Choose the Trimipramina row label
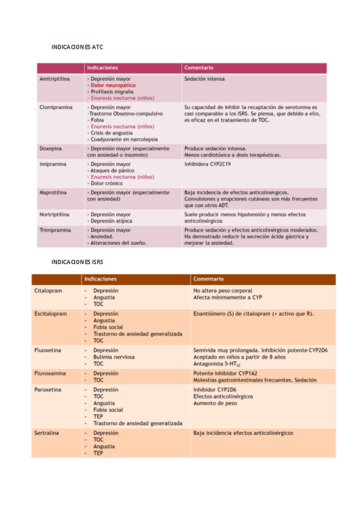click(x=55, y=230)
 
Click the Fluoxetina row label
click(x=49, y=350)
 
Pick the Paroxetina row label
click(x=49, y=390)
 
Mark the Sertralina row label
click(x=48, y=432)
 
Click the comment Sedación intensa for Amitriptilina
click(x=205, y=79)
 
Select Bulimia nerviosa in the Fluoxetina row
click(x=114, y=357)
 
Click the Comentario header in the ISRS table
click(x=208, y=279)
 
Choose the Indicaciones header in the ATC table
click(x=103, y=68)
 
